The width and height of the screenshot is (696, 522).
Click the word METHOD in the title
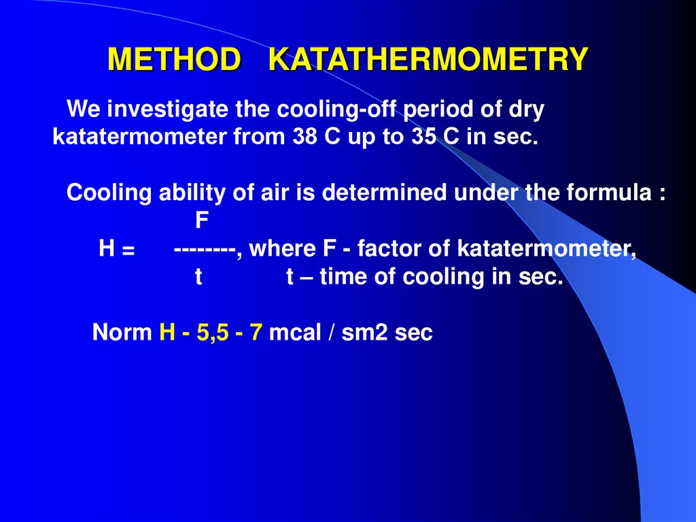pos(174,60)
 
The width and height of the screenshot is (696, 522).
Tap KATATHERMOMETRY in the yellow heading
pos(428,60)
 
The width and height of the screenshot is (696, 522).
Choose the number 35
pos(424,137)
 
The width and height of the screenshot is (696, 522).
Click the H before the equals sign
pos(106,249)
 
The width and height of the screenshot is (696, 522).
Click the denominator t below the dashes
pos(199,278)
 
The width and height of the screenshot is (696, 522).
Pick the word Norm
pos(122,333)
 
